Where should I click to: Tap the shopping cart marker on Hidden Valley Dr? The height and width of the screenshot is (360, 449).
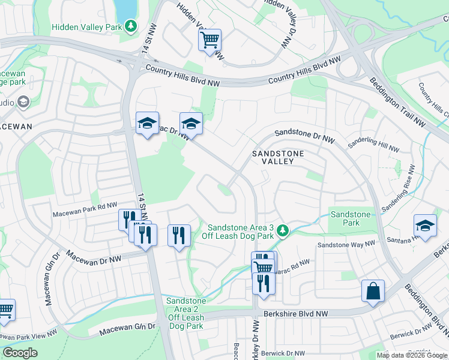point(209,40)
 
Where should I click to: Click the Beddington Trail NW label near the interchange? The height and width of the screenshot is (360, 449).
point(397,103)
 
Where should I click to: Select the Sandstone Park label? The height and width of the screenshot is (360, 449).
point(351,218)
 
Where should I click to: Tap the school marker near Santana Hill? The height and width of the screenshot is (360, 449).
point(425,226)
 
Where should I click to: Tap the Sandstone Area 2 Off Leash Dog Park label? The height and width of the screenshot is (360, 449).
point(186,313)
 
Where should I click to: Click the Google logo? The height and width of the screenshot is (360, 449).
point(20,353)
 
